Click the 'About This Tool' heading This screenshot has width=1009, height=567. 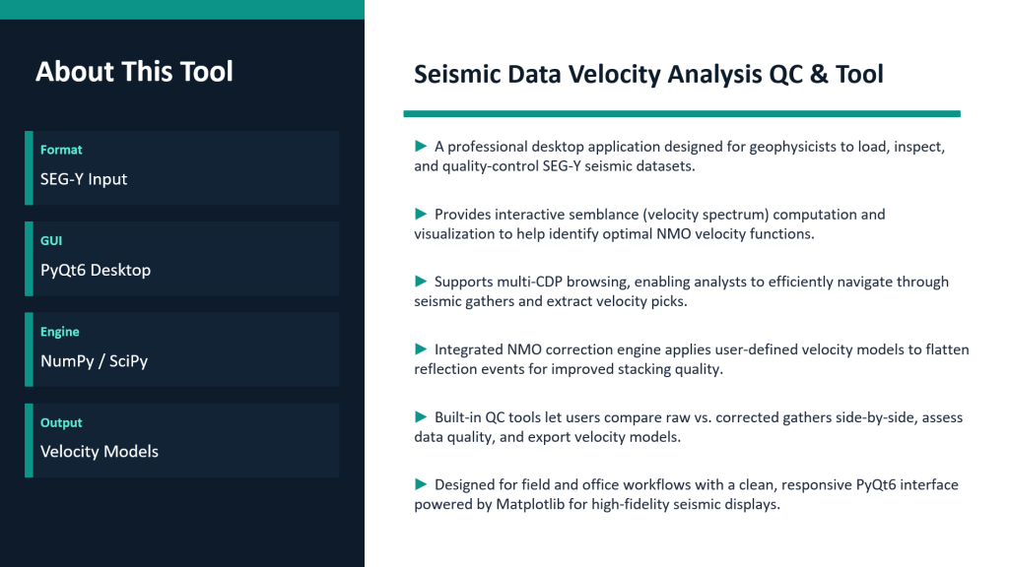pyautogui.click(x=134, y=71)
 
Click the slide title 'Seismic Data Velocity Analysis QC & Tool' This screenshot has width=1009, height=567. pyautogui.click(x=648, y=75)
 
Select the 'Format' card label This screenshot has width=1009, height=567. pyautogui.click(x=61, y=150)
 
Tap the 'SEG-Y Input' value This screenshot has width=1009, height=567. pyautogui.click(x=84, y=179)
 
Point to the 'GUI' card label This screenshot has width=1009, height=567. pyautogui.click(x=51, y=241)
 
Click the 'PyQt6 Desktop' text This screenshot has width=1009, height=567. pyautogui.click(x=96, y=270)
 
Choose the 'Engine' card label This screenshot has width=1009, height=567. pyautogui.click(x=60, y=333)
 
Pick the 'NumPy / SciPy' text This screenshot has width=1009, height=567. pyautogui.click(x=94, y=360)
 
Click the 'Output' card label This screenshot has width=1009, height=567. pyautogui.click(x=61, y=423)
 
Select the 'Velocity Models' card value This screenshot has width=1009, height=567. pyautogui.click(x=100, y=451)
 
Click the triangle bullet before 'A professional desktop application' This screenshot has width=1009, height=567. pyautogui.click(x=421, y=146)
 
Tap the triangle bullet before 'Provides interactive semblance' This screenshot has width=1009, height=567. pyautogui.click(x=421, y=214)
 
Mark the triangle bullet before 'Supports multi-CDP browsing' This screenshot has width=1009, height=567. pyautogui.click(x=421, y=281)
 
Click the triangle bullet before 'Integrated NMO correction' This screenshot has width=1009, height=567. pyautogui.click(x=421, y=349)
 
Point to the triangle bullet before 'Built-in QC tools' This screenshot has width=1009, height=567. pyautogui.click(x=421, y=416)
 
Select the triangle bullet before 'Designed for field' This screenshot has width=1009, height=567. pyautogui.click(x=421, y=484)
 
